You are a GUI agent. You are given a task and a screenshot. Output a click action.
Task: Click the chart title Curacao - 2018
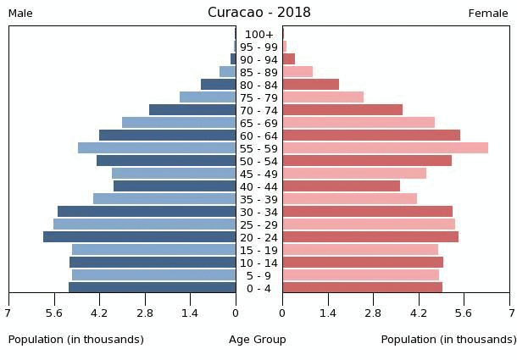point(258,13)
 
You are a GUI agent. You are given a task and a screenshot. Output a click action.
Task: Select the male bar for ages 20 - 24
point(140,237)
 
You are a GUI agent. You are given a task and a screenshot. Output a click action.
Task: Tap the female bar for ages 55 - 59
point(386,148)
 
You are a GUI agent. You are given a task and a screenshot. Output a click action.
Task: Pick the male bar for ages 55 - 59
point(157,148)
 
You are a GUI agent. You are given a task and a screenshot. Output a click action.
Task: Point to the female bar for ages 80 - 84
point(311,85)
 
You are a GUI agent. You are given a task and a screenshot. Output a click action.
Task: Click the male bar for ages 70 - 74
point(192,110)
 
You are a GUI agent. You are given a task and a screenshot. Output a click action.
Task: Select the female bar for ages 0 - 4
point(363,288)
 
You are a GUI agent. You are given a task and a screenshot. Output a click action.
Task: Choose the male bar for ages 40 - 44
point(175,186)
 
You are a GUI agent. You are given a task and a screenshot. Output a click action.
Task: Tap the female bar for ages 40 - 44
point(342,186)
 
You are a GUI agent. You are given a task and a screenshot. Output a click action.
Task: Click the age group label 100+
point(259,35)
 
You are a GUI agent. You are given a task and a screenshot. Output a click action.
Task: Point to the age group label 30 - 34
point(259,212)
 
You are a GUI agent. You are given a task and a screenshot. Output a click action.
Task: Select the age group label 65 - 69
point(259,123)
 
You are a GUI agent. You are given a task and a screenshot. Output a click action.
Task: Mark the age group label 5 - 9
point(259,275)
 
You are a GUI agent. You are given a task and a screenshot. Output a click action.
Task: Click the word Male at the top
point(20,14)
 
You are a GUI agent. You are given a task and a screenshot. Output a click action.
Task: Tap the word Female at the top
point(488,14)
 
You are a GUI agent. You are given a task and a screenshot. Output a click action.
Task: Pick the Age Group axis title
point(258,340)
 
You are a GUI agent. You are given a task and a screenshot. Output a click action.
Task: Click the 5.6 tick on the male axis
point(54,313)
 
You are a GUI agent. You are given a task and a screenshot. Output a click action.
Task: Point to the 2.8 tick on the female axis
point(374,313)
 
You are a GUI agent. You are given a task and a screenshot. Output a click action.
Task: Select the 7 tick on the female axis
point(510,313)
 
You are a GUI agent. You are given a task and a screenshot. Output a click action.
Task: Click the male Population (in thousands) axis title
point(76,340)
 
